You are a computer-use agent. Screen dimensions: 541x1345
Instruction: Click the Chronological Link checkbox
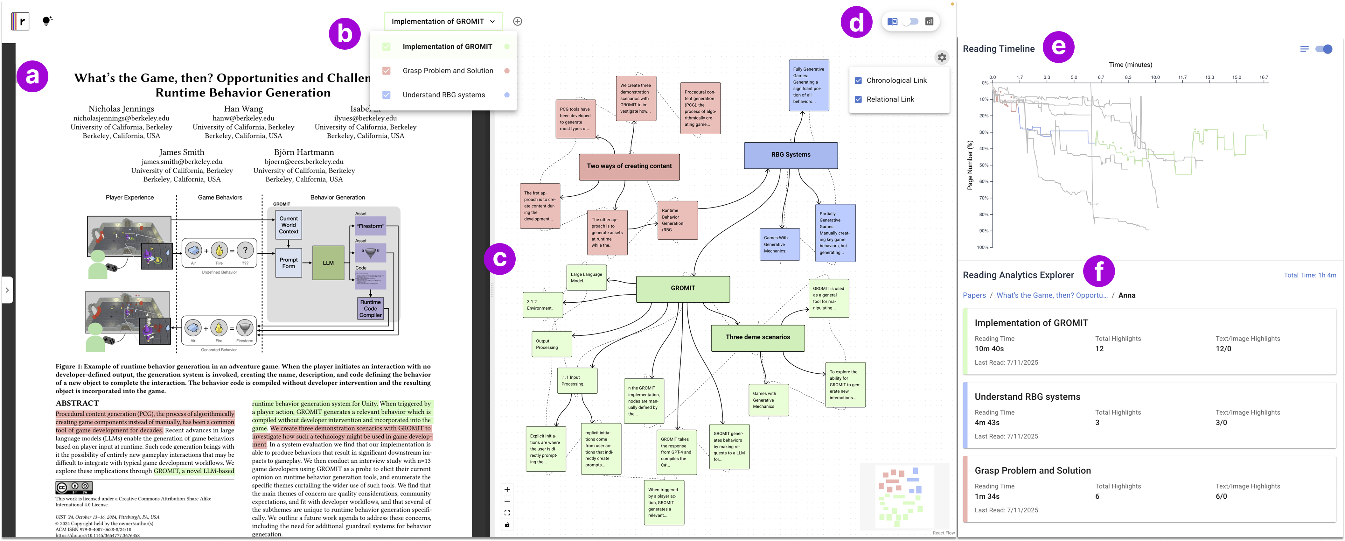coord(858,81)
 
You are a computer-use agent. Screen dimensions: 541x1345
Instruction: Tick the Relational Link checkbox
coord(858,99)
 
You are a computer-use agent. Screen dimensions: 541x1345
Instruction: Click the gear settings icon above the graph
coord(941,58)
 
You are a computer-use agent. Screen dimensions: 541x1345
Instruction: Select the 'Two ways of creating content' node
coord(629,166)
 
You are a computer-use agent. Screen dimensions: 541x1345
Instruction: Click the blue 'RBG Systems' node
coord(791,155)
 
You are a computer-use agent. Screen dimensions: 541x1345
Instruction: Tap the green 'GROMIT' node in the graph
coord(682,288)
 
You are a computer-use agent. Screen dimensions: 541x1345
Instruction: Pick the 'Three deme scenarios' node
coord(758,337)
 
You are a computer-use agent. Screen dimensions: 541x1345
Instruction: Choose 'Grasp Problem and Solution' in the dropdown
coord(448,71)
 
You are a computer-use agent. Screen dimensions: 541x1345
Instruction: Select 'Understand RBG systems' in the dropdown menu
coord(443,95)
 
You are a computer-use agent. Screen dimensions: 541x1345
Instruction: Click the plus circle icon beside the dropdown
coord(518,21)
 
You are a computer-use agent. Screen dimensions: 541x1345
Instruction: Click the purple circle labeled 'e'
coord(1058,47)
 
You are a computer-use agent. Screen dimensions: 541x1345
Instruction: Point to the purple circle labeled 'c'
coord(500,259)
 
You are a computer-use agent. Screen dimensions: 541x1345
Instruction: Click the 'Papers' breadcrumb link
coord(974,295)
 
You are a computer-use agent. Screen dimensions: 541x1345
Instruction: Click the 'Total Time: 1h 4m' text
coord(1309,275)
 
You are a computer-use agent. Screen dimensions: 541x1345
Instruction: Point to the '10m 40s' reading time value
coord(989,349)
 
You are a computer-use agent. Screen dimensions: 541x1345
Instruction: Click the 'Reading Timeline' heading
coord(998,49)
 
